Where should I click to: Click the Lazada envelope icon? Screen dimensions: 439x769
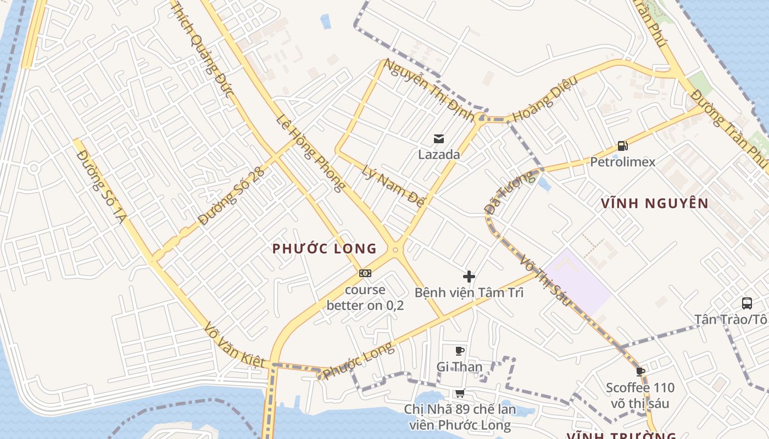(439, 138)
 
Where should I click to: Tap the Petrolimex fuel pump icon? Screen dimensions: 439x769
(622, 146)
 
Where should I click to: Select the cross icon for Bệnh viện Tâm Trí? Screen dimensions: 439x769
(469, 276)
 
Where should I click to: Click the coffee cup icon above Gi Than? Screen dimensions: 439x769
(460, 351)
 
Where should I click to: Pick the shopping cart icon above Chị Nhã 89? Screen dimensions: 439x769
(460, 393)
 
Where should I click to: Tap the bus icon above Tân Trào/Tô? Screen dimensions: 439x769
(747, 303)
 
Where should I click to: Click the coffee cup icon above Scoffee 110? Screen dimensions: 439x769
(640, 372)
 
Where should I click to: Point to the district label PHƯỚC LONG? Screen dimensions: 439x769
(325, 249)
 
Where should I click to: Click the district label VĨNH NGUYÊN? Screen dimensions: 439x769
(654, 204)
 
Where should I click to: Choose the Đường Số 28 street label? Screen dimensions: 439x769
(232, 196)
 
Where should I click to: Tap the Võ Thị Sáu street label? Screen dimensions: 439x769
(545, 280)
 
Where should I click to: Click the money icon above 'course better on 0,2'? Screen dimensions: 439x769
(365, 273)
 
